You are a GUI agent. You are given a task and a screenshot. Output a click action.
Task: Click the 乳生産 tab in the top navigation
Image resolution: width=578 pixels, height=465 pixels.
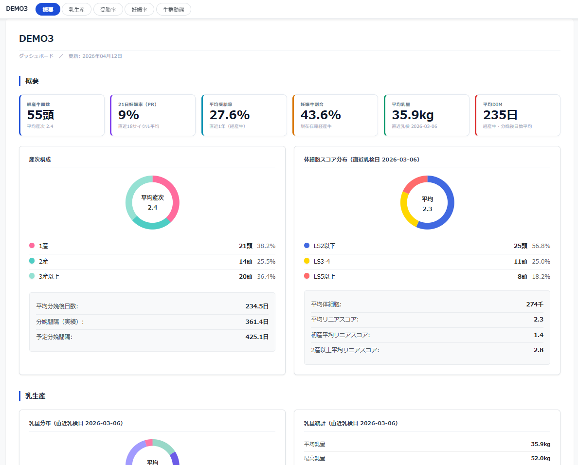tap(77, 10)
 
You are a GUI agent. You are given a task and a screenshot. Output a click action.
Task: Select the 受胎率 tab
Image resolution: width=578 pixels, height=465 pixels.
tap(108, 10)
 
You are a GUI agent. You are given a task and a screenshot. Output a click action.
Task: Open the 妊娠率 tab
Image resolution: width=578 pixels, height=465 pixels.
tap(139, 10)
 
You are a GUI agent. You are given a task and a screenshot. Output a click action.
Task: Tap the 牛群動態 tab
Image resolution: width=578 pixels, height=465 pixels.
tap(173, 10)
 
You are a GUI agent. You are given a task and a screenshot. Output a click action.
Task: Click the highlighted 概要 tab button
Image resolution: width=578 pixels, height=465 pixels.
tap(48, 10)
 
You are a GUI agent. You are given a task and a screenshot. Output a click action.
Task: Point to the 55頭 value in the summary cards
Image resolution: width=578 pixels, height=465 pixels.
tap(40, 115)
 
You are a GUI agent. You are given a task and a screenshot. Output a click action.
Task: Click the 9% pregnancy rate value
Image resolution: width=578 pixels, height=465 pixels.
tap(128, 115)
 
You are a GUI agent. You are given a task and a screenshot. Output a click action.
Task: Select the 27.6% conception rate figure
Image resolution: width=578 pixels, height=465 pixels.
tap(229, 115)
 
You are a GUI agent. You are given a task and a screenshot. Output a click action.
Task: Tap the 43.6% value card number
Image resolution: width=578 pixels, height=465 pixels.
tap(320, 115)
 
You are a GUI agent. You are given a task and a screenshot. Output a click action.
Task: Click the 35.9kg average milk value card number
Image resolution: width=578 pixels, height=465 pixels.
tap(413, 115)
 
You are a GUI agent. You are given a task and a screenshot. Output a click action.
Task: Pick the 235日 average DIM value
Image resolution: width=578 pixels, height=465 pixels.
tap(500, 115)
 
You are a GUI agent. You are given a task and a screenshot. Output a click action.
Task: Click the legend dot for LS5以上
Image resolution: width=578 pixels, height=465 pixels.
tap(307, 276)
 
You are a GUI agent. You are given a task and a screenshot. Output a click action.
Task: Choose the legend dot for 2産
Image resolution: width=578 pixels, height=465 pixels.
tap(32, 261)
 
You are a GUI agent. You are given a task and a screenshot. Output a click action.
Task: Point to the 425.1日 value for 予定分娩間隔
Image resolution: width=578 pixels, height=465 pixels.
tap(257, 337)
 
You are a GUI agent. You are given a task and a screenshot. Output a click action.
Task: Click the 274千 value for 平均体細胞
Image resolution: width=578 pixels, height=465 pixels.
tap(535, 304)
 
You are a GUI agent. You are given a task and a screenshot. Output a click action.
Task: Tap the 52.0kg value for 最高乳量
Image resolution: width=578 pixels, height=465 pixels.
tap(541, 458)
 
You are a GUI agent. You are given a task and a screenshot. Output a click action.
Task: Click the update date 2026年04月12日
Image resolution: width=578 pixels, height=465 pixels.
tap(102, 56)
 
